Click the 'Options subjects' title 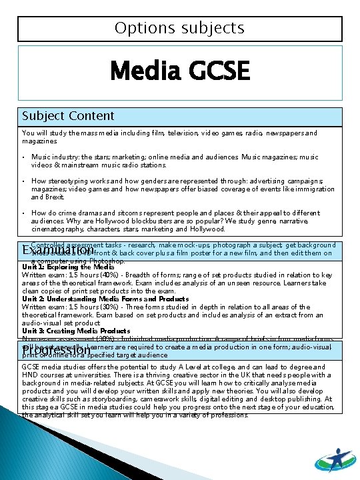(179, 28)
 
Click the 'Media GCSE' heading (179, 71)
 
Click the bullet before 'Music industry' (23, 157)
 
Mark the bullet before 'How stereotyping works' (23, 181)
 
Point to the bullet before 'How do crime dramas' (23, 213)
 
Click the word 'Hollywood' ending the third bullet (207, 229)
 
